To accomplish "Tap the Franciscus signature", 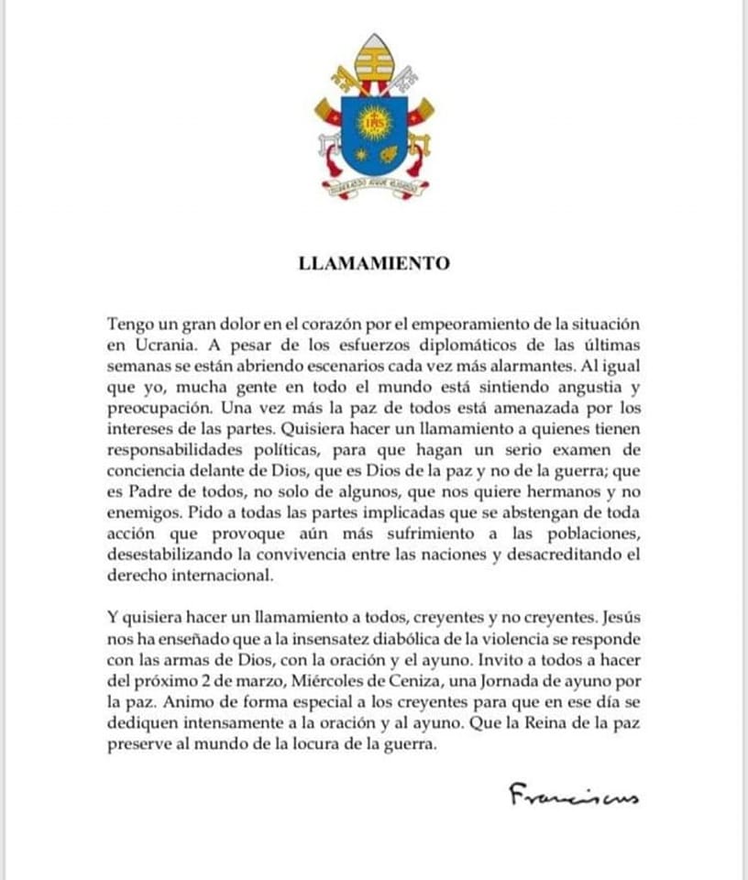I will pyautogui.click(x=573, y=795).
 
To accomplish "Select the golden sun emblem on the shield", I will pyautogui.click(x=373, y=122).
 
